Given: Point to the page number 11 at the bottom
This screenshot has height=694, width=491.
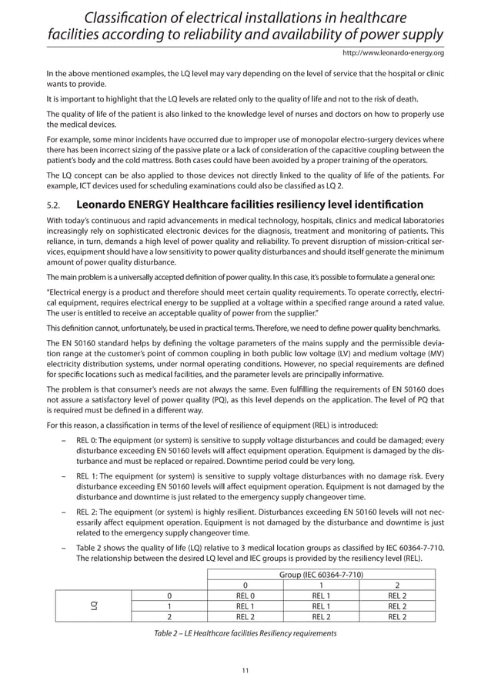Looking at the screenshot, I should point(245,671).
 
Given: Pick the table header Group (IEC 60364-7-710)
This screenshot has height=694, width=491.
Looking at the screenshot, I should point(322,575).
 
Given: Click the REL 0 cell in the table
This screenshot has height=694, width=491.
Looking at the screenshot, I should point(245,595).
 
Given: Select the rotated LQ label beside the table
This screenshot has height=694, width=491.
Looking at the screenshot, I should point(93,606).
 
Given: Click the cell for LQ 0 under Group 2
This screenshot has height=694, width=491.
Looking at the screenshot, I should point(397,595).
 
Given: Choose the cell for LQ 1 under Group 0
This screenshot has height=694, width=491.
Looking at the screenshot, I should point(245,606).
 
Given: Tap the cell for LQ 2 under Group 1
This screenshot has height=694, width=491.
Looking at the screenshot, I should point(322,616).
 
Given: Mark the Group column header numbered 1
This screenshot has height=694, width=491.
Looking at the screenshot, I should point(322,585).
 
